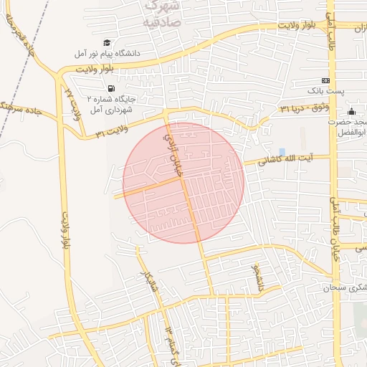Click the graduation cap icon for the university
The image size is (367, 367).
point(108,44)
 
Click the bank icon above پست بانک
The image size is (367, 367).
point(326,80)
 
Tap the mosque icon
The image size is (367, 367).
point(351,112)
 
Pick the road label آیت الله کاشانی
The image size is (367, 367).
point(286,158)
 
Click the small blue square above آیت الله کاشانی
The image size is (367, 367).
point(280,151)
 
